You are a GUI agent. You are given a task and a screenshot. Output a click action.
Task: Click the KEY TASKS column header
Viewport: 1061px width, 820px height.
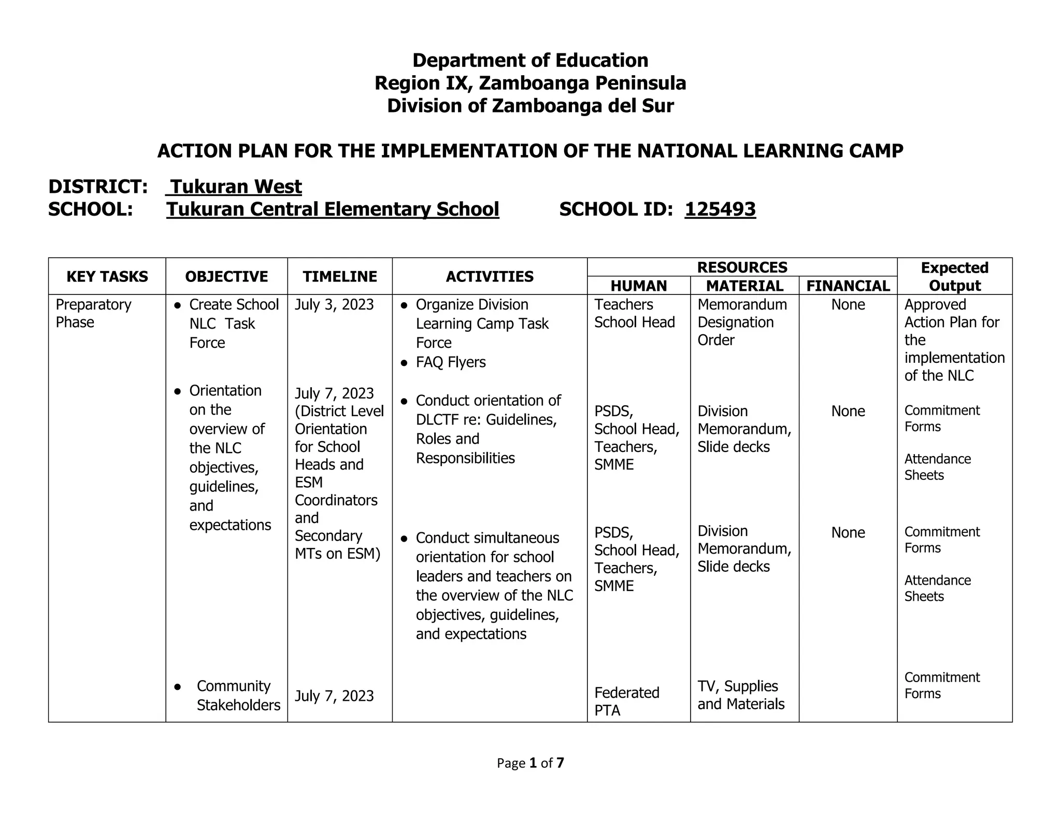tap(107, 277)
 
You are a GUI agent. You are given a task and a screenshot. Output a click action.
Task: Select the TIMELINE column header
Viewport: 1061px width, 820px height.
tap(340, 277)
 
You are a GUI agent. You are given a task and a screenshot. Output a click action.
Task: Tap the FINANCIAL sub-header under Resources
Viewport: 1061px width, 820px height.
tap(848, 286)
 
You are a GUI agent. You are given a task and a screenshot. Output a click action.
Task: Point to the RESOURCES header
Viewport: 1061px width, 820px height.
tap(742, 267)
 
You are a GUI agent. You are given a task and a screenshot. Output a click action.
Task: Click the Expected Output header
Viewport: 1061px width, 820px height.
tap(954, 277)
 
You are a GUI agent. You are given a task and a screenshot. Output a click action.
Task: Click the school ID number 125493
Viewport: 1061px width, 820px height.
tap(720, 209)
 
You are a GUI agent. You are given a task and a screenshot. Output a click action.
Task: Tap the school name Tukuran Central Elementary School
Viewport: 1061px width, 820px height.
tap(333, 209)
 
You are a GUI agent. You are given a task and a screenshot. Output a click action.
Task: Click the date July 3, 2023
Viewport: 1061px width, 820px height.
tap(334, 305)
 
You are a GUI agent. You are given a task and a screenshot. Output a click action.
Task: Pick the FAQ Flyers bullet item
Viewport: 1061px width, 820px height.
tap(450, 362)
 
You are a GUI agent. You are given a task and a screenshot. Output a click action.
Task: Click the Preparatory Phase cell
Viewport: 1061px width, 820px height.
tap(93, 313)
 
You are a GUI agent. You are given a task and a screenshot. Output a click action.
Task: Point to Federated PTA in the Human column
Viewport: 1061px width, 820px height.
tap(626, 701)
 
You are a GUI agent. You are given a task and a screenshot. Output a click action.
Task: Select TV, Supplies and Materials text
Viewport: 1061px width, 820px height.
tap(740, 695)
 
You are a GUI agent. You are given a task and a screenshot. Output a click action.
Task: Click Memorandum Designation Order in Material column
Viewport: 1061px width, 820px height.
tap(742, 322)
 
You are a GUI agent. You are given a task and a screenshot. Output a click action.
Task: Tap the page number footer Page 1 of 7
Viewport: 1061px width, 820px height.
tap(530, 763)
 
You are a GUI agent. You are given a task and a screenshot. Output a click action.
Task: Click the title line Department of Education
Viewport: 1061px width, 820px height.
tap(530, 61)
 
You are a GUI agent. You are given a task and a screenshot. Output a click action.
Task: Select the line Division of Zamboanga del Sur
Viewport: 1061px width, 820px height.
tap(530, 106)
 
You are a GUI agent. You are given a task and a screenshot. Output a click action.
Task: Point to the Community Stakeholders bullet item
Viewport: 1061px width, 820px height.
tap(238, 696)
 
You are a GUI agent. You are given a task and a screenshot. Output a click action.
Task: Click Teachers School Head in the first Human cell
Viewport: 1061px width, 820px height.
tap(634, 313)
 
